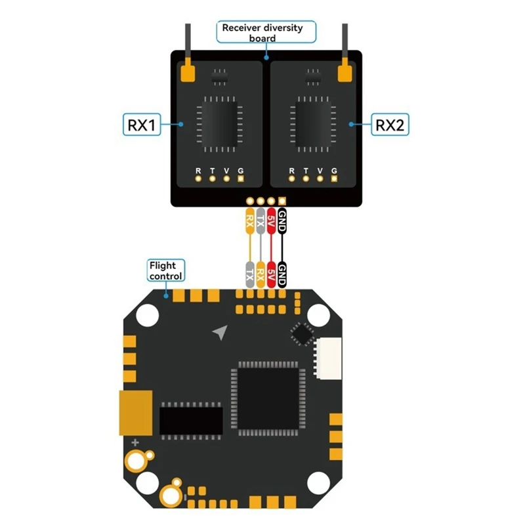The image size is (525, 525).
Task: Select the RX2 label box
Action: pos(389,124)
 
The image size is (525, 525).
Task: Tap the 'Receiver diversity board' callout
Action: pos(266,32)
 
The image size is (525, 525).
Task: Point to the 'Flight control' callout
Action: pos(166,270)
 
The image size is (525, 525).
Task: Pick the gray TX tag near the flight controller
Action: pos(249,272)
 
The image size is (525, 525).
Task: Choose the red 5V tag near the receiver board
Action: pos(271,220)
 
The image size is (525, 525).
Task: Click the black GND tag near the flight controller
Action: pos(282,272)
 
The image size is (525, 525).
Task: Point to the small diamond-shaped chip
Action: pos(303,334)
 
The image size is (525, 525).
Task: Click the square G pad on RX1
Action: pos(241,177)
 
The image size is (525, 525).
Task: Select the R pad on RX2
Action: pos(292,177)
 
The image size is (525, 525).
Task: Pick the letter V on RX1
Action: pos(226,170)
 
